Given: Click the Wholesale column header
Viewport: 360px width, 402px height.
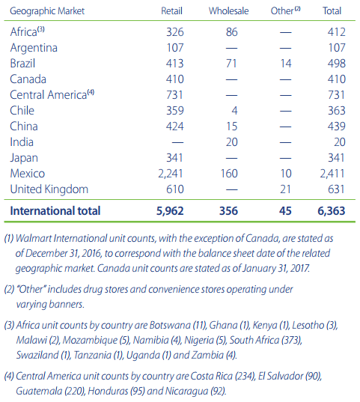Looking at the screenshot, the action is [x=228, y=11].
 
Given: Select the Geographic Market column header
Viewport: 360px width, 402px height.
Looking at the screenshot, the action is [x=47, y=11].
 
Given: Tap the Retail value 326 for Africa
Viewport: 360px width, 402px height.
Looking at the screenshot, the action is [x=175, y=32].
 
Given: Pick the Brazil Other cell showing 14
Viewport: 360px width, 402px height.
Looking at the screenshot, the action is [x=286, y=64].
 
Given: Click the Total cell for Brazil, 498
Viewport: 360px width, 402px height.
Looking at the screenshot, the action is [x=337, y=64].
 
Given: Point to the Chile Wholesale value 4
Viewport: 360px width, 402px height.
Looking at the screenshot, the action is [x=234, y=111].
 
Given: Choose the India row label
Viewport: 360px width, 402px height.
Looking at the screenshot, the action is [x=22, y=142].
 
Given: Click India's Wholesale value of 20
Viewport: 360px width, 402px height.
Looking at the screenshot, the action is [x=232, y=142].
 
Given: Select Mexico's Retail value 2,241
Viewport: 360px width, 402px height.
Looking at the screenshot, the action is [x=171, y=174].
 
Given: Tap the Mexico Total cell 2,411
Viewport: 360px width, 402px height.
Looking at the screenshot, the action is [x=332, y=174].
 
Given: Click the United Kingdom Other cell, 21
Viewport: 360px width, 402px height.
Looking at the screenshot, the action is [x=285, y=189].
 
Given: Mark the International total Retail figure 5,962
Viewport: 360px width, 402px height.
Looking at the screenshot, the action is [x=170, y=211].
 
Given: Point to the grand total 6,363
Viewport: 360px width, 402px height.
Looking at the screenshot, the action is [x=332, y=211].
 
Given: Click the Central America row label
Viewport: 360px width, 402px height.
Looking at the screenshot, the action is [x=52, y=94].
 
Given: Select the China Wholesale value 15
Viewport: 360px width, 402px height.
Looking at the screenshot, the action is [x=232, y=127].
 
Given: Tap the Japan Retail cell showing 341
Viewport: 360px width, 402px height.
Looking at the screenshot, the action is [x=174, y=158].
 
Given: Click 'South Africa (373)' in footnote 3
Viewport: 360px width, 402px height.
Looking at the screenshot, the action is [x=266, y=340].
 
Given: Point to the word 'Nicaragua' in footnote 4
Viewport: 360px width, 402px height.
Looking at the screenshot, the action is [x=186, y=392].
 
